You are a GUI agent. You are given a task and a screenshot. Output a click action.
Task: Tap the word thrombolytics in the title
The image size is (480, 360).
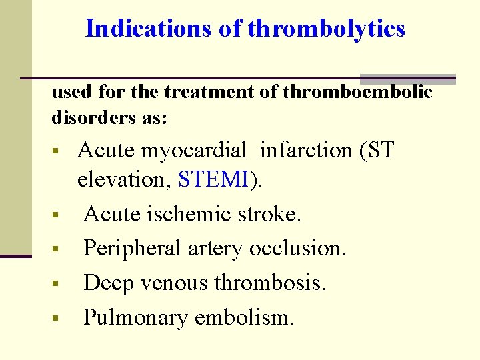[x=326, y=29]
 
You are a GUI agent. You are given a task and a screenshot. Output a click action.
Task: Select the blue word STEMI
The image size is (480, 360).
[x=214, y=179]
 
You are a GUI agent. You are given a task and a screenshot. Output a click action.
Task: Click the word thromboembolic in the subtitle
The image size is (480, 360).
[x=357, y=92]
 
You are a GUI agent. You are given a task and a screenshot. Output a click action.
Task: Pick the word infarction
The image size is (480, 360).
[x=306, y=151]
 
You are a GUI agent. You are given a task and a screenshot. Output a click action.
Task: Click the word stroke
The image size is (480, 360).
[x=269, y=214]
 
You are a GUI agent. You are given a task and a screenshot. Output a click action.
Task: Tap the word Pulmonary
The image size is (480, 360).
[x=135, y=318]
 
